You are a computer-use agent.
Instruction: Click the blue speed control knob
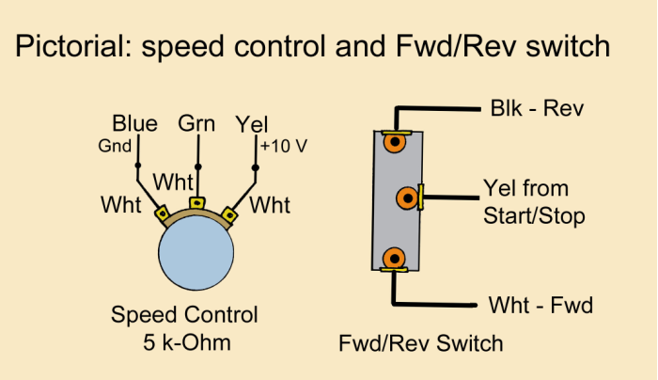196,257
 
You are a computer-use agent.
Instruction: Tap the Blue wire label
134,124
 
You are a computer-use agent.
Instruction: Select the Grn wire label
196,123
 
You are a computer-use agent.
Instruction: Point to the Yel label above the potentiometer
253,124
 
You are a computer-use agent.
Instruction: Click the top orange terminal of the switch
396,143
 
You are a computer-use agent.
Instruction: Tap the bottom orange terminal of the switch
396,257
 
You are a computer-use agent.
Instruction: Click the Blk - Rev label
537,108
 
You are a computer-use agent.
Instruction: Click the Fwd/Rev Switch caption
420,343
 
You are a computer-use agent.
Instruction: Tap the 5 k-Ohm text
184,342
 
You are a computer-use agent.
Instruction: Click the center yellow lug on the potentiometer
197,202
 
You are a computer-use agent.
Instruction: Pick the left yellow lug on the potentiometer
162,214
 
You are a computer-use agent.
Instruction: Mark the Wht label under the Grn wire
174,180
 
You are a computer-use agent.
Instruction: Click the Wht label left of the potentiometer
121,203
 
